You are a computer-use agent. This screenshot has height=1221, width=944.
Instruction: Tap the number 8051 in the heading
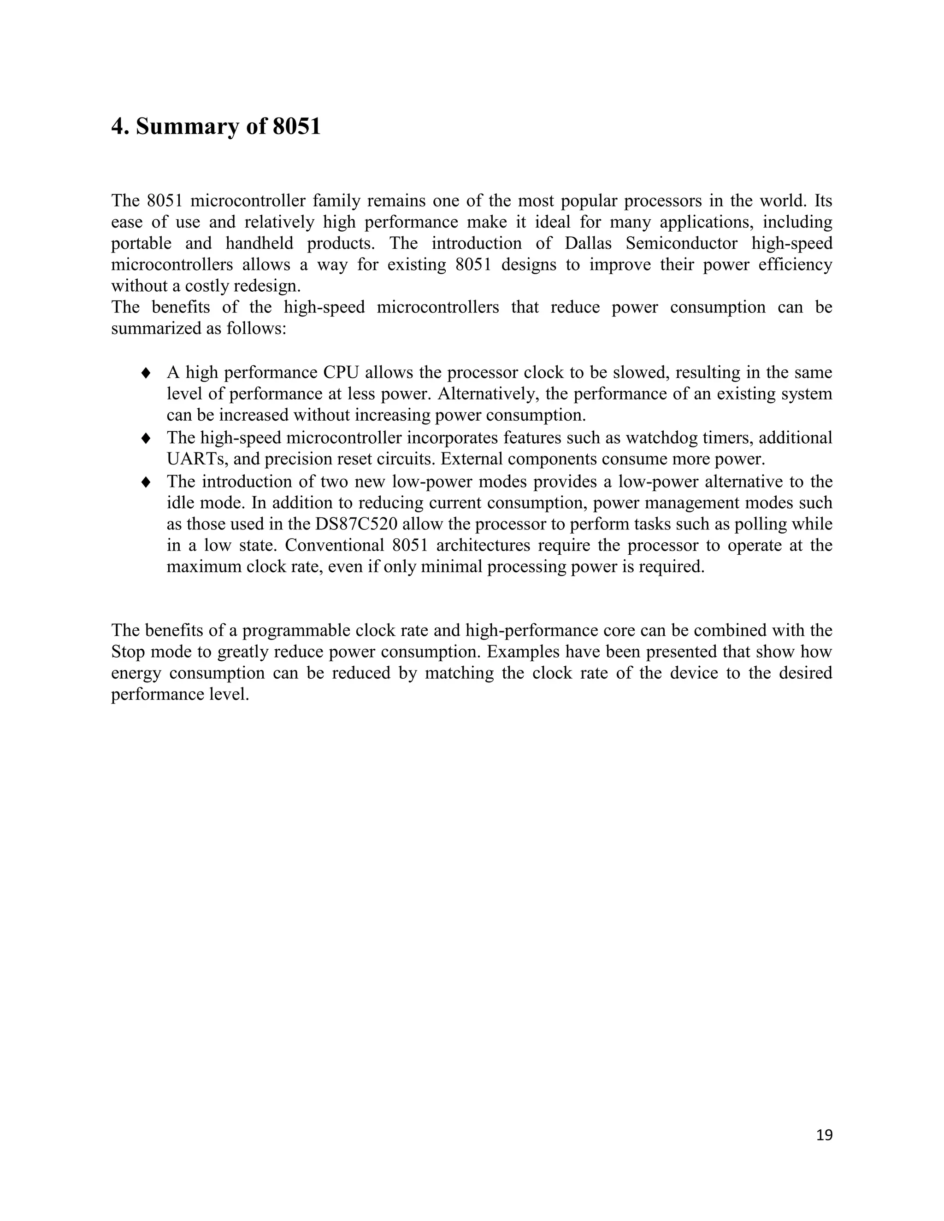[x=296, y=126]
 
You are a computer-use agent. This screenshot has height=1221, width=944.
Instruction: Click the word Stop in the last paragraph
[x=128, y=652]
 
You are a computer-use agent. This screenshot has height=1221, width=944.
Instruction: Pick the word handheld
[x=260, y=244]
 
